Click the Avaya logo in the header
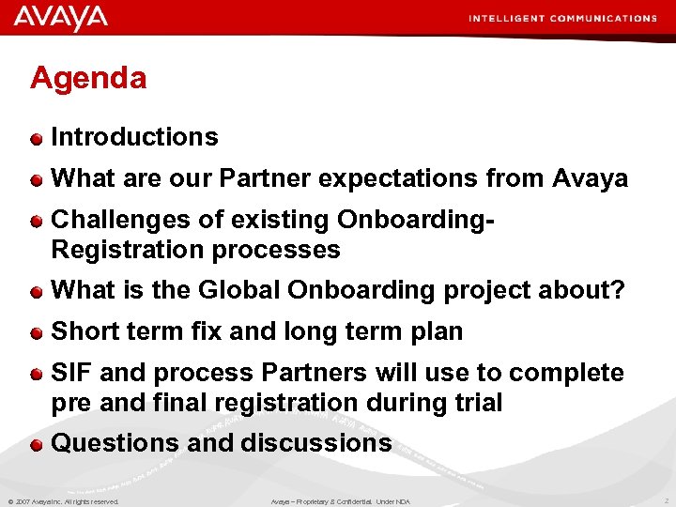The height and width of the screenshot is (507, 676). click(61, 18)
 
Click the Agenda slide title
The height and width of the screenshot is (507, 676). click(88, 78)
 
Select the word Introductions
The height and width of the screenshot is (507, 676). click(134, 137)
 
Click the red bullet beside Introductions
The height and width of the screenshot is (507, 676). click(36, 138)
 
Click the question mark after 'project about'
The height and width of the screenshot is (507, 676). click(617, 291)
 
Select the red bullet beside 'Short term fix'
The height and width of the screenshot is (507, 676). click(36, 332)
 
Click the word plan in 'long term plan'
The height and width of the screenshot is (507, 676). click(438, 331)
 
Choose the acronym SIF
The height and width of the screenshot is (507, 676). click(71, 373)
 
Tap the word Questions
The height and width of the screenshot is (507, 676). click(115, 443)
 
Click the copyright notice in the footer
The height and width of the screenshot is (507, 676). click(64, 501)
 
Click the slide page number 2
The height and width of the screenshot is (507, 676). click(664, 501)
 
